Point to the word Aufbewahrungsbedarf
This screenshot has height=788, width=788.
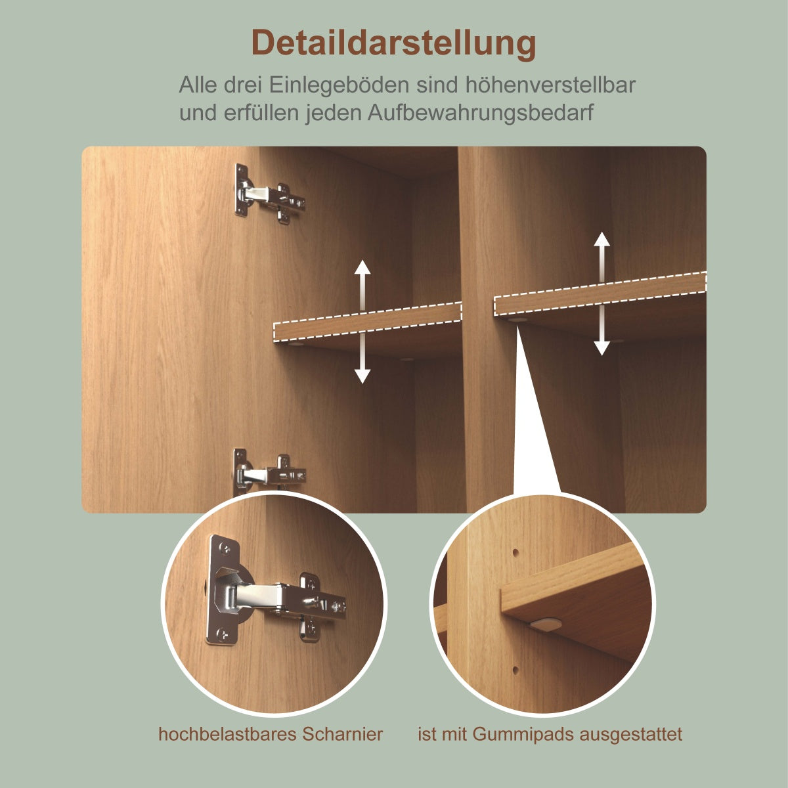click(x=481, y=112)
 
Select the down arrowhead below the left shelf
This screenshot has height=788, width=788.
click(x=362, y=376)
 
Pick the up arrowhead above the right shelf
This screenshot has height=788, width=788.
click(x=602, y=239)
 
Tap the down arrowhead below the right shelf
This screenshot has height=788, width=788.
click(x=602, y=348)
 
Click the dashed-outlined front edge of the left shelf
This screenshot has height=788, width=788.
click(x=368, y=321)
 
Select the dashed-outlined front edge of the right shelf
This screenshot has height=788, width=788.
click(x=600, y=294)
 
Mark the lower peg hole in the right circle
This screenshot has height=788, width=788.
click(x=515, y=670)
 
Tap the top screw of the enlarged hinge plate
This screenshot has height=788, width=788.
click(x=225, y=547)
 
